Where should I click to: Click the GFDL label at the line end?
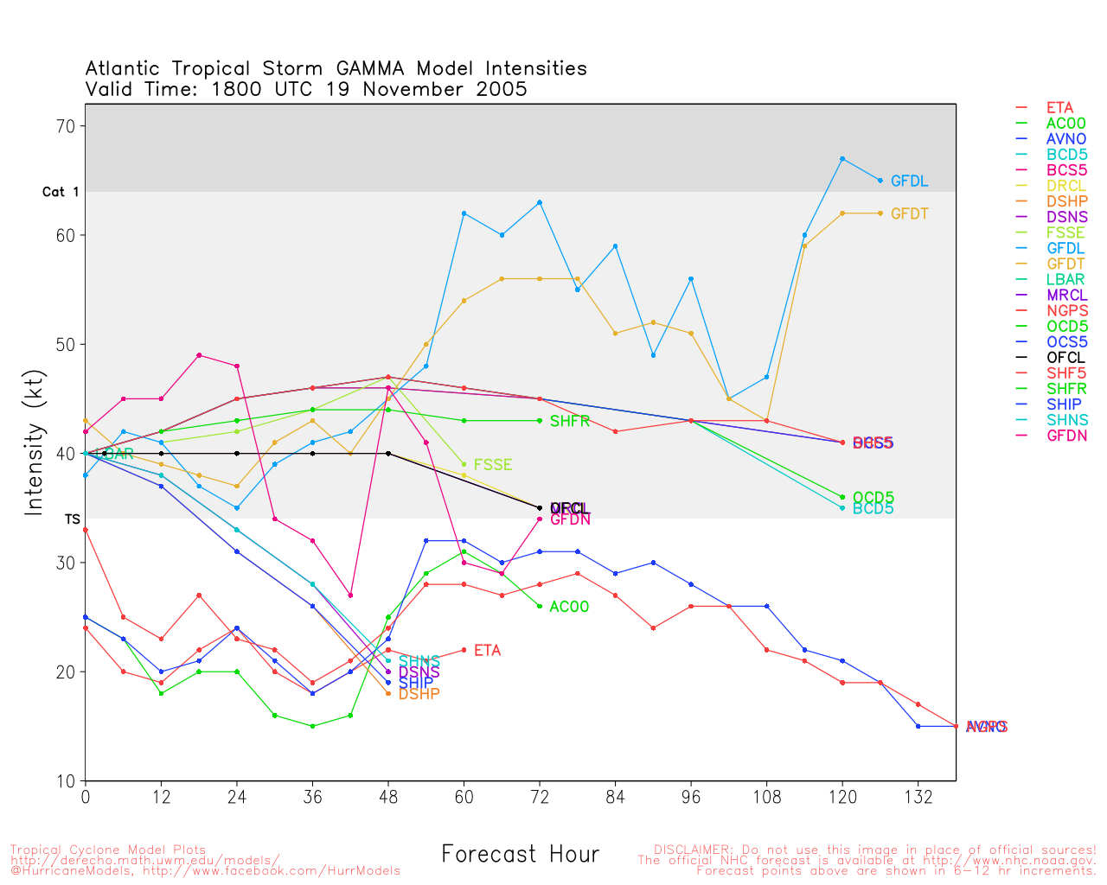pyautogui.click(x=909, y=181)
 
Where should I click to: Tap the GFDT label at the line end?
pyautogui.click(x=909, y=213)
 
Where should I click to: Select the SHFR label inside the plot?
pyautogui.click(x=570, y=422)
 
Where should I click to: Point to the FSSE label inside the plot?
pyautogui.click(x=493, y=465)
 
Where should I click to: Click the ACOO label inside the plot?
pyautogui.click(x=569, y=607)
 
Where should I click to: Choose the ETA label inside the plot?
pyautogui.click(x=487, y=651)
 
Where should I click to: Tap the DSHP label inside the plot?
pyautogui.click(x=419, y=694)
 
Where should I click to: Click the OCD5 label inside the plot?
pyautogui.click(x=873, y=498)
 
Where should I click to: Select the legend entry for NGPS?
pyautogui.click(x=1067, y=310)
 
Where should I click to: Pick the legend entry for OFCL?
pyautogui.click(x=1065, y=358)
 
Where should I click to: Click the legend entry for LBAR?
pyautogui.click(x=1065, y=279)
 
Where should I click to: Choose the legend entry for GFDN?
pyautogui.click(x=1066, y=436)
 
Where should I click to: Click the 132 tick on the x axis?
pyautogui.click(x=918, y=797)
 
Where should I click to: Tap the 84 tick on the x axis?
pyautogui.click(x=615, y=797)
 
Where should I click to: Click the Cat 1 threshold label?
pyautogui.click(x=61, y=192)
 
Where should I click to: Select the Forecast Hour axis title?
pyautogui.click(x=520, y=855)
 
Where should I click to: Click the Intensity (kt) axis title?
pyautogui.click(x=34, y=452)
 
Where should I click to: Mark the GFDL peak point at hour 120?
pyautogui.click(x=842, y=159)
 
